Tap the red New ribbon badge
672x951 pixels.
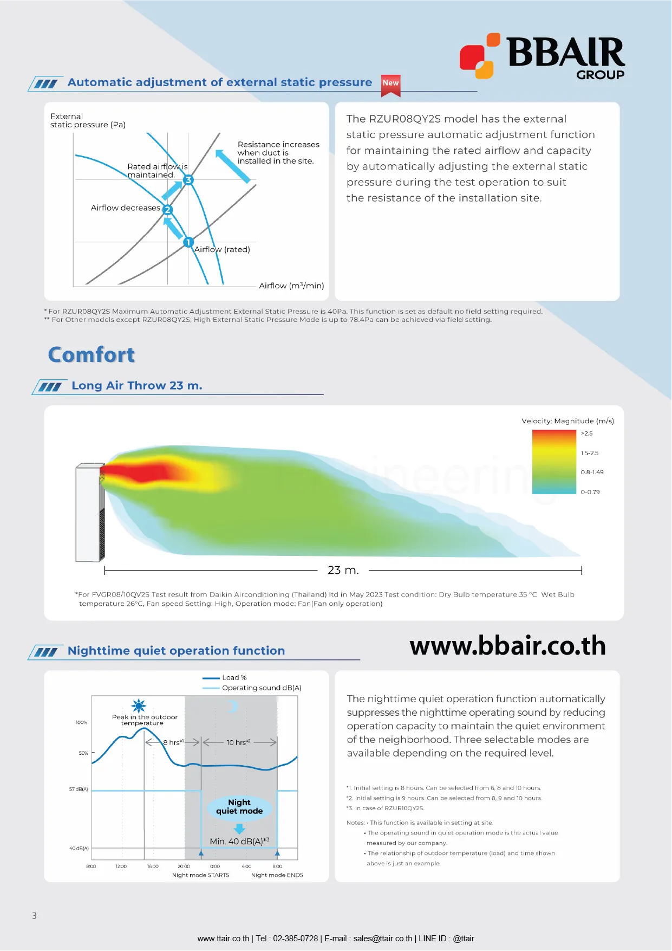[x=390, y=84]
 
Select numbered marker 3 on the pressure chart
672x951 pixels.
[x=188, y=180]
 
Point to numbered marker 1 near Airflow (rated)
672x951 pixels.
[x=188, y=242]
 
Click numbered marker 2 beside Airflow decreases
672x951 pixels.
[x=167, y=210]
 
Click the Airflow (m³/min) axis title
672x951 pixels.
[x=291, y=286]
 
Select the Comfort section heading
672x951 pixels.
[x=92, y=355]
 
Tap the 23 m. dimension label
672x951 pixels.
[x=343, y=570]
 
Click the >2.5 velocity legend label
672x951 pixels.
[x=586, y=434]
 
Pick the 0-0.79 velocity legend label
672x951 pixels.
[x=590, y=492]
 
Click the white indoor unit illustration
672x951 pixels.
[x=89, y=512]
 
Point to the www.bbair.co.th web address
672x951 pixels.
[x=507, y=646]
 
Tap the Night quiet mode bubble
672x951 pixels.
[x=239, y=807]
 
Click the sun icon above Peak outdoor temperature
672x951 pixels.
[x=139, y=706]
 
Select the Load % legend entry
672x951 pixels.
[x=234, y=678]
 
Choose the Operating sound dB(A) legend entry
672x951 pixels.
[x=262, y=688]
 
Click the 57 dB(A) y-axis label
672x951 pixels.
[x=79, y=789]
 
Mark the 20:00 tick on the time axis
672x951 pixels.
[x=184, y=866]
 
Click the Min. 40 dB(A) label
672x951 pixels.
[x=239, y=841]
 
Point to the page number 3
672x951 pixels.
[x=35, y=916]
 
